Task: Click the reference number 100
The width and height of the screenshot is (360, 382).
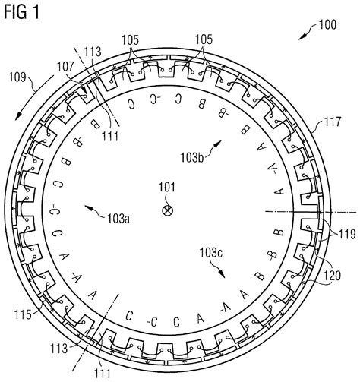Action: click(327, 25)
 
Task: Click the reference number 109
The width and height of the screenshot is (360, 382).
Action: click(17, 76)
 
